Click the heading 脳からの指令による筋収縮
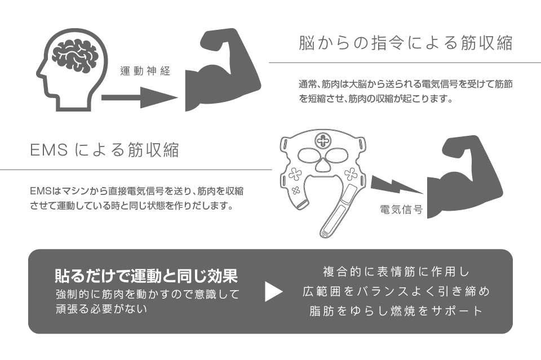pyautogui.click(x=405, y=44)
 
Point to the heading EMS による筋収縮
pyautogui.click(x=104, y=150)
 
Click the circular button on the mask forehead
pyautogui.click(x=325, y=140)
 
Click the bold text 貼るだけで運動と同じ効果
pyautogui.click(x=146, y=275)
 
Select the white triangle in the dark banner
pyautogui.click(x=273, y=291)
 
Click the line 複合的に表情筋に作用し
pyautogui.click(x=396, y=272)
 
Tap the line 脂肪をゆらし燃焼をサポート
pyautogui.click(x=396, y=310)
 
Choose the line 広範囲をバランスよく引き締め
pyautogui.click(x=396, y=291)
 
